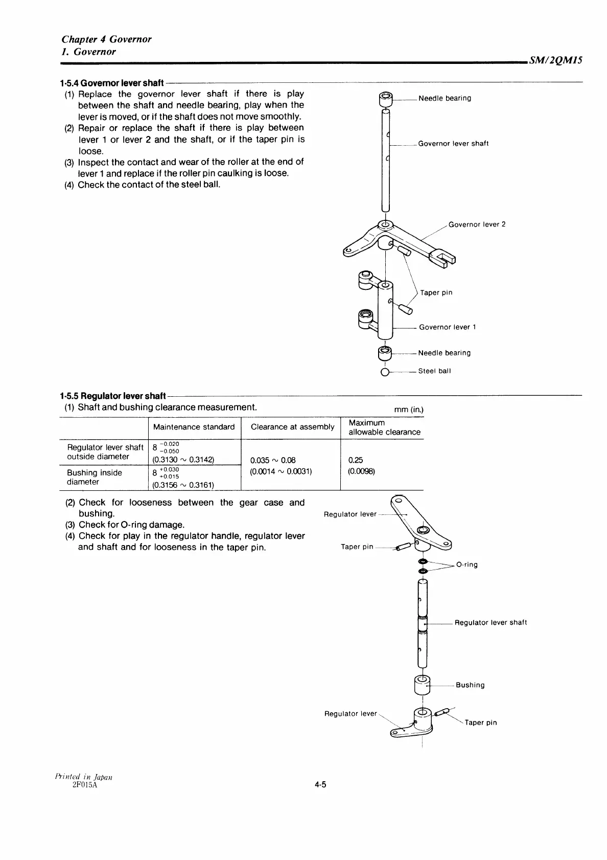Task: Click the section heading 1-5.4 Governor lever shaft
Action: (x=111, y=83)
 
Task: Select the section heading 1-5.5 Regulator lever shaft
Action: (x=112, y=396)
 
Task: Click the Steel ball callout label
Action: (x=434, y=371)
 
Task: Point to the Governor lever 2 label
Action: (x=477, y=224)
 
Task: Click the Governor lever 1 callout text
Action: (x=447, y=327)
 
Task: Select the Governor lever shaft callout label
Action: (x=453, y=144)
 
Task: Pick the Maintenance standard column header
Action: (x=194, y=427)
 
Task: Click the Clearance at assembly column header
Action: (x=292, y=427)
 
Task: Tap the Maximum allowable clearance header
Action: (x=384, y=427)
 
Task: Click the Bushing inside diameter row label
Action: (x=95, y=477)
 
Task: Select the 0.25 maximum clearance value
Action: (x=356, y=460)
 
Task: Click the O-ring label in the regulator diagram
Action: (x=467, y=565)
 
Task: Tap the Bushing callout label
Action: (x=470, y=685)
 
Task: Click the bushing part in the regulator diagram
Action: (x=422, y=684)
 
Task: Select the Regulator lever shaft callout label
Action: (x=491, y=623)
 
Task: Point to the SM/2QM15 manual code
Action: (x=556, y=60)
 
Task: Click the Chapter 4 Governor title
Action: (x=106, y=39)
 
